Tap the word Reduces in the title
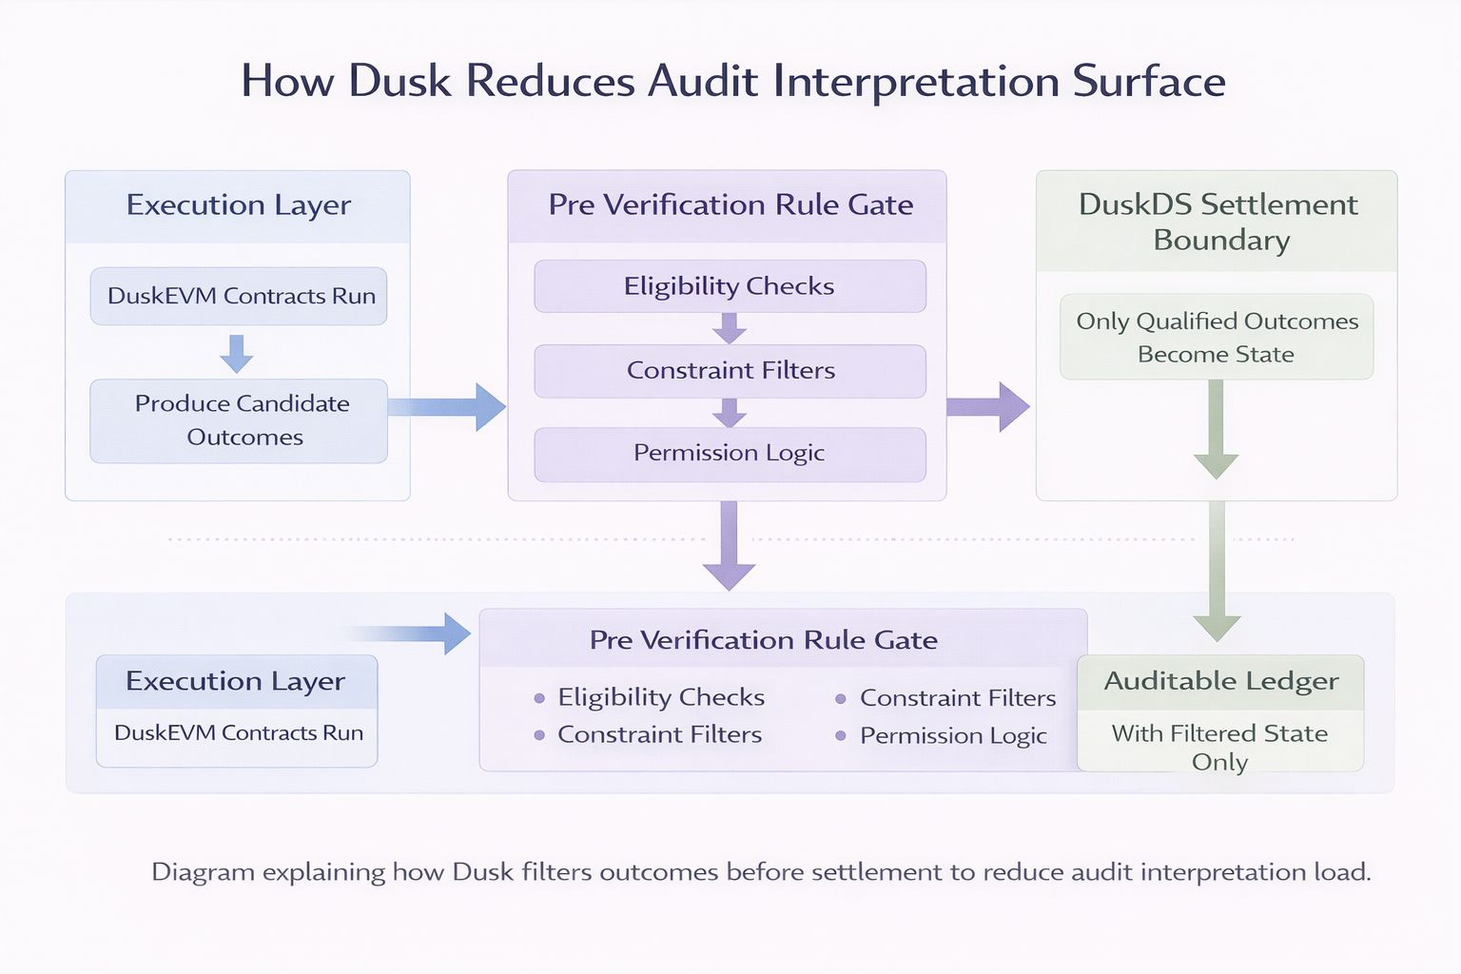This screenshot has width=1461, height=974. [x=549, y=81]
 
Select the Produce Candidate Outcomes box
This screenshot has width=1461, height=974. [x=239, y=420]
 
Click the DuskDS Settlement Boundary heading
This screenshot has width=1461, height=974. [x=1217, y=222]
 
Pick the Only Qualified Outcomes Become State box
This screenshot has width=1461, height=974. [x=1217, y=337]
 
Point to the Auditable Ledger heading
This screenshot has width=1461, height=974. [x=1220, y=681]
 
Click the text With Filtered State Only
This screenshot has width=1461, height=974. [x=1219, y=747]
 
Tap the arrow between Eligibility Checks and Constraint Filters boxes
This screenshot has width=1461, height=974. [x=730, y=328]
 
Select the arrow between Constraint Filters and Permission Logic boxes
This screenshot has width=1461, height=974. [x=730, y=413]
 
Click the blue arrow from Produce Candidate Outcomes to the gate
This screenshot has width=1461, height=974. [x=447, y=407]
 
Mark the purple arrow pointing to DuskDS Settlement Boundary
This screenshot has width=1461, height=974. [x=988, y=407]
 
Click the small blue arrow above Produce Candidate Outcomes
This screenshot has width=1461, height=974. [x=237, y=353]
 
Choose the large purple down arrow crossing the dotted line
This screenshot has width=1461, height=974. [x=730, y=547]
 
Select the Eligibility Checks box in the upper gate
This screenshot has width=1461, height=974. [x=730, y=286]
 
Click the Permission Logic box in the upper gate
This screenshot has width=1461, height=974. [x=730, y=454]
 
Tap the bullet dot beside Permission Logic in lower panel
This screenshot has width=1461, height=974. [x=841, y=736]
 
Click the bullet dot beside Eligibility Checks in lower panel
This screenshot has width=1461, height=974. [x=539, y=698]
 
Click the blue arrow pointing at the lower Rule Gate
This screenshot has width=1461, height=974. [x=419, y=633]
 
